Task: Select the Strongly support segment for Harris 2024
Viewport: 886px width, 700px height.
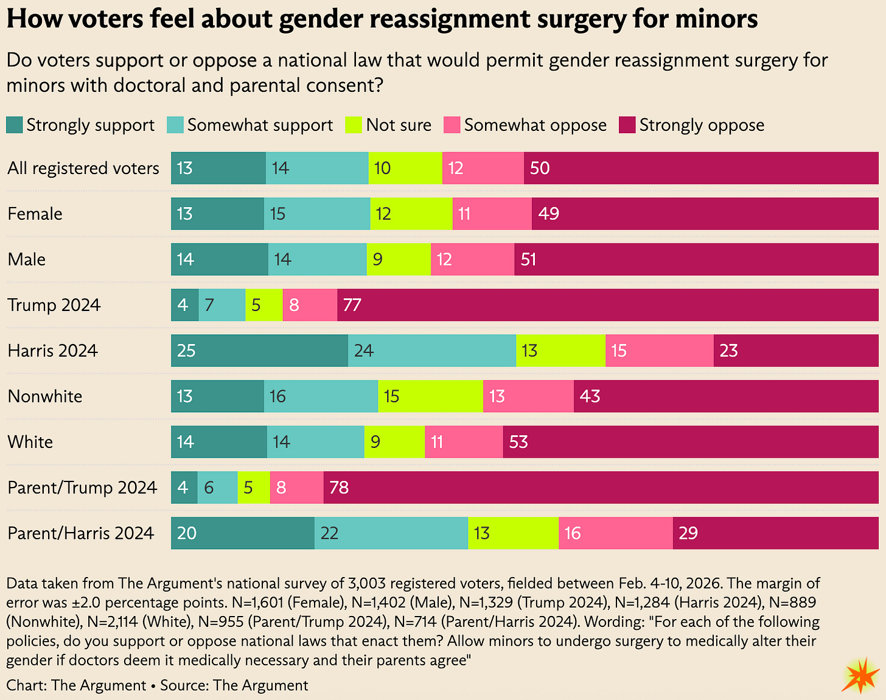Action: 259,351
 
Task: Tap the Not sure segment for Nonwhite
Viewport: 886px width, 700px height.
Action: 430,396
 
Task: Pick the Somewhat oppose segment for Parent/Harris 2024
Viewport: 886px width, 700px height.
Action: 615,533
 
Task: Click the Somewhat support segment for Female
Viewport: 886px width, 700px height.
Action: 317,214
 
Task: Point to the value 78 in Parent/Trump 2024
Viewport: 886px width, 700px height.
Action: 339,488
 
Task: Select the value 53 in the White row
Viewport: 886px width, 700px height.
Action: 518,442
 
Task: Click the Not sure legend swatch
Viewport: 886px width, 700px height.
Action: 353,125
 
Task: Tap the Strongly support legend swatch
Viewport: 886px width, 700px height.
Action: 14,125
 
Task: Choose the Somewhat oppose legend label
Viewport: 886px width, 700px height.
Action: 535,125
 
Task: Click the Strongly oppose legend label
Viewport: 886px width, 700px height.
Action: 701,125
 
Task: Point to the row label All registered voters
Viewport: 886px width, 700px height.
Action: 83,168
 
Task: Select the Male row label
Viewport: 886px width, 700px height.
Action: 27,259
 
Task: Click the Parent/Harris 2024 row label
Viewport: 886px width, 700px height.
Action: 80,533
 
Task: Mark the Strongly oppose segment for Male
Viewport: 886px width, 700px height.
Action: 696,259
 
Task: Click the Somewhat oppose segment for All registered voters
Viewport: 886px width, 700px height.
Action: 483,168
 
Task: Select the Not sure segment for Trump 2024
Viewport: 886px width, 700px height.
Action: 263,305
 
